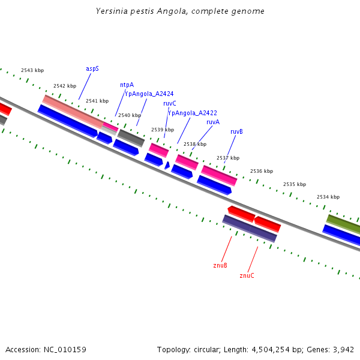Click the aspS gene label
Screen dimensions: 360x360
92,68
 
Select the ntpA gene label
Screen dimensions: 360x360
127,85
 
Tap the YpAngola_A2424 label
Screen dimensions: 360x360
149,94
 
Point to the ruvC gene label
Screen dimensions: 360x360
169,103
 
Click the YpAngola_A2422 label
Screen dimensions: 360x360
192,113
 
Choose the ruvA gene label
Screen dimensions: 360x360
212,122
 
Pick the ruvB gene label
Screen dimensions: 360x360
236,131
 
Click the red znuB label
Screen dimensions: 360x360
220,265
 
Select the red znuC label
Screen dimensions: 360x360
247,275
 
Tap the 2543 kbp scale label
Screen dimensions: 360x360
32,71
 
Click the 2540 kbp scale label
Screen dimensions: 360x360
130,115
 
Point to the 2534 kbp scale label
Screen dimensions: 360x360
328,197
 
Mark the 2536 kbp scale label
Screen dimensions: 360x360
262,171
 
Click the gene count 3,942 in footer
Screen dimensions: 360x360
343,349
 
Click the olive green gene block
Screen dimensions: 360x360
344,224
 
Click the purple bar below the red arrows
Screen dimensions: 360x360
250,229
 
